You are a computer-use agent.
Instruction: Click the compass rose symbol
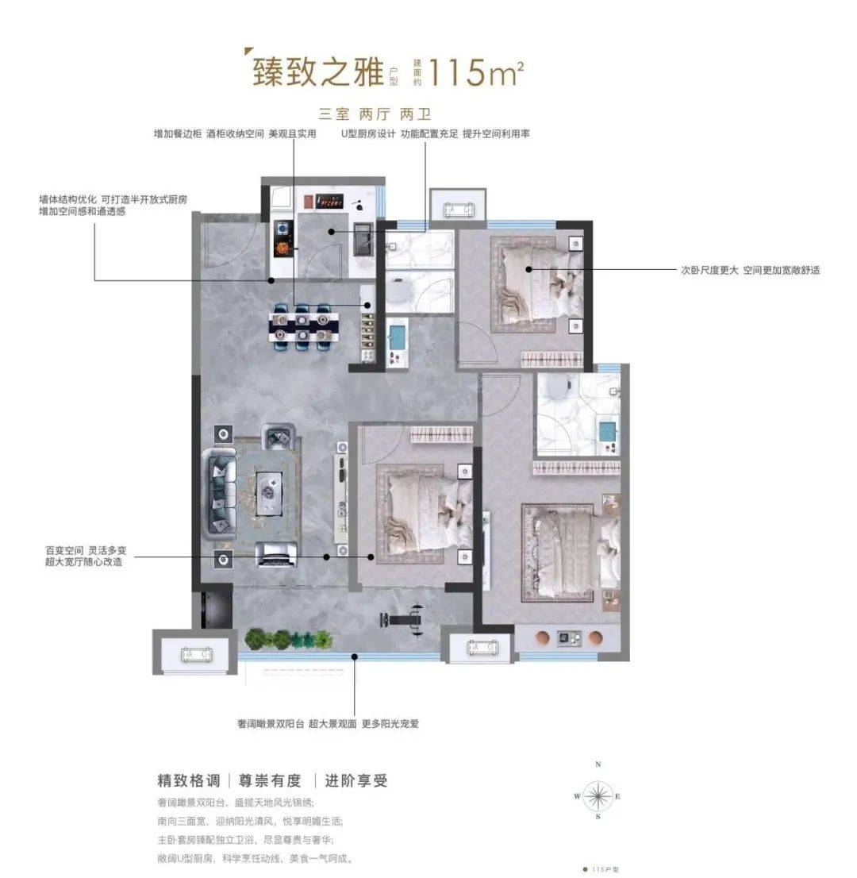tap(598, 795)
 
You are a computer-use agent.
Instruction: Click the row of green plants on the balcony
tap(288, 639)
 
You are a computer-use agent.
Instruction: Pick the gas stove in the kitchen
tap(282, 238)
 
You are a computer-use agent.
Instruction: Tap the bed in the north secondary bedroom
tap(536, 282)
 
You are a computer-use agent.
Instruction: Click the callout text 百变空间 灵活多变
tap(84, 549)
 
